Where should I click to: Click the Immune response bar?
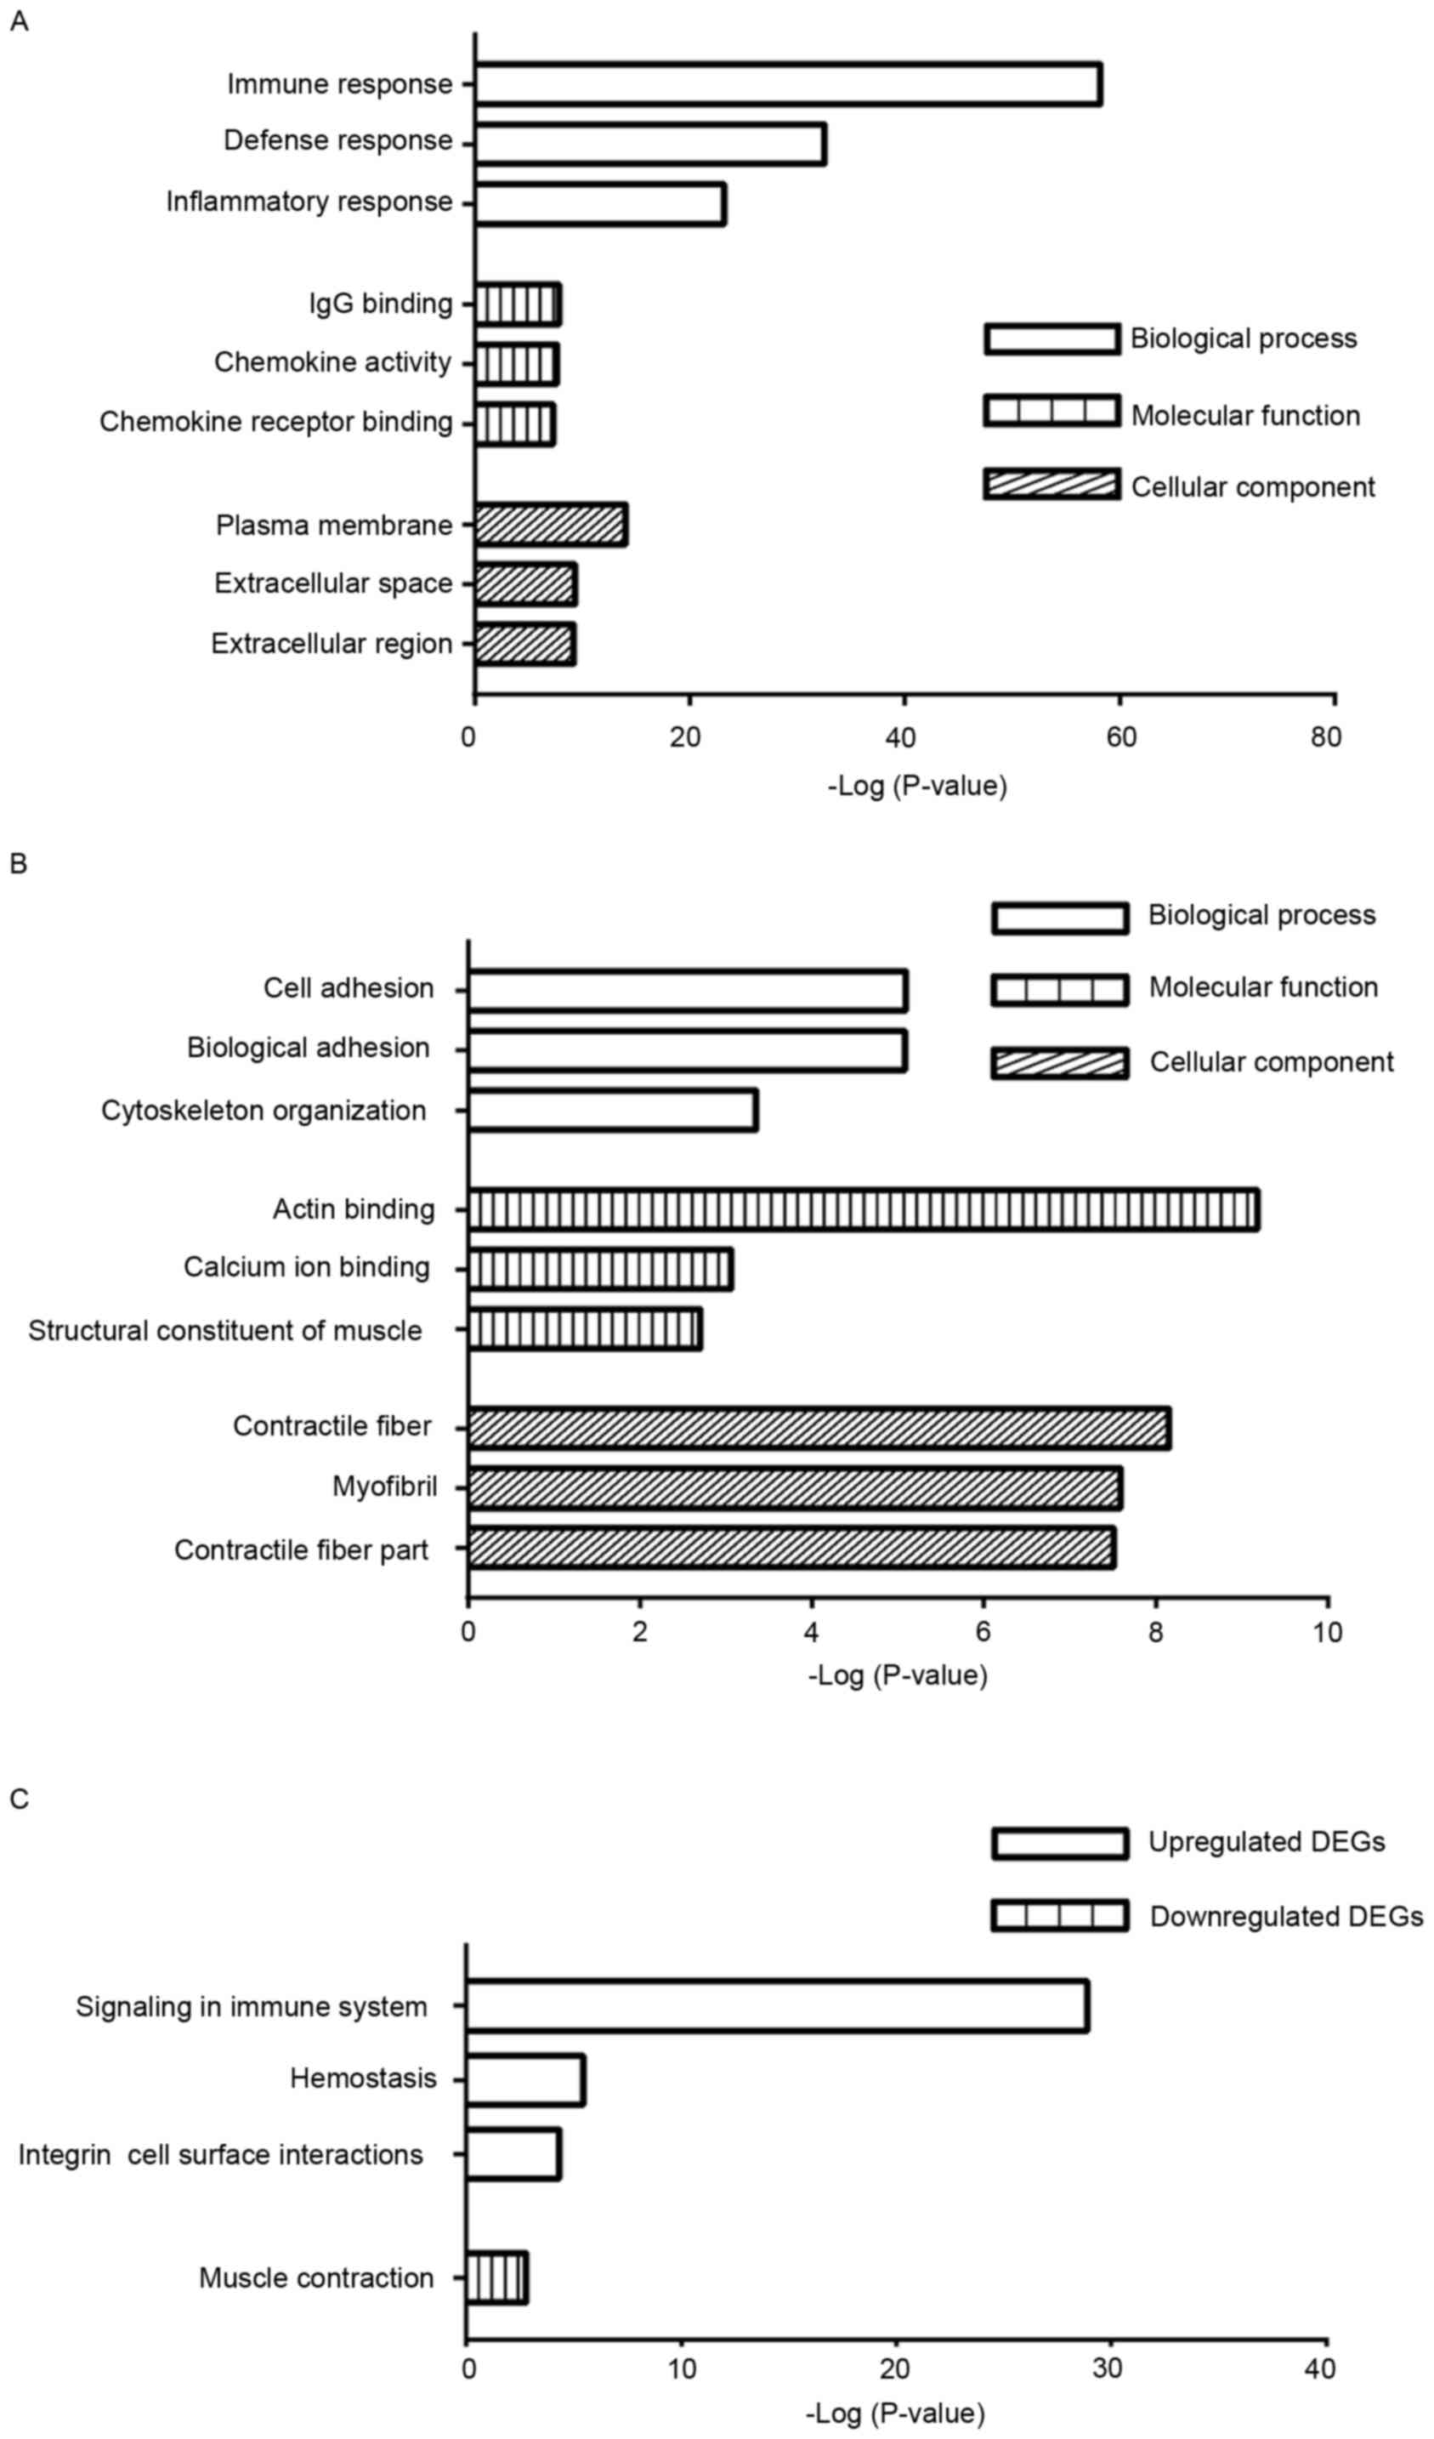pyautogui.click(x=788, y=84)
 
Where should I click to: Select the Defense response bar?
pyautogui.click(x=649, y=145)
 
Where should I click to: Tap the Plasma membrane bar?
pyautogui.click(x=551, y=525)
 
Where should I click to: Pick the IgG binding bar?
pyautogui.click(x=518, y=304)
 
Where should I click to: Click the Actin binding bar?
pyautogui.click(x=863, y=1210)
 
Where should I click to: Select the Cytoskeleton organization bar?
pyautogui.click(x=613, y=1110)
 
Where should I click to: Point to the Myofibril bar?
pyautogui.click(x=795, y=1487)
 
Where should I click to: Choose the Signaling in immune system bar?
pyautogui.click(x=777, y=2006)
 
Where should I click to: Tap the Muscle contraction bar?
pyautogui.click(x=496, y=2278)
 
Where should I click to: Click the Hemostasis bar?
pyautogui.click(x=525, y=2080)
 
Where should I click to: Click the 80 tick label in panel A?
pyautogui.click(x=1326, y=737)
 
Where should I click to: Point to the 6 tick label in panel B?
pyautogui.click(x=983, y=1632)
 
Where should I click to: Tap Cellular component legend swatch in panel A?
pyautogui.click(x=1051, y=484)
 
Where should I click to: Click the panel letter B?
pyautogui.click(x=19, y=863)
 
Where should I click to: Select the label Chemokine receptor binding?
pyautogui.click(x=275, y=422)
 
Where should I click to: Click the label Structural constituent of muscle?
pyautogui.click(x=224, y=1331)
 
